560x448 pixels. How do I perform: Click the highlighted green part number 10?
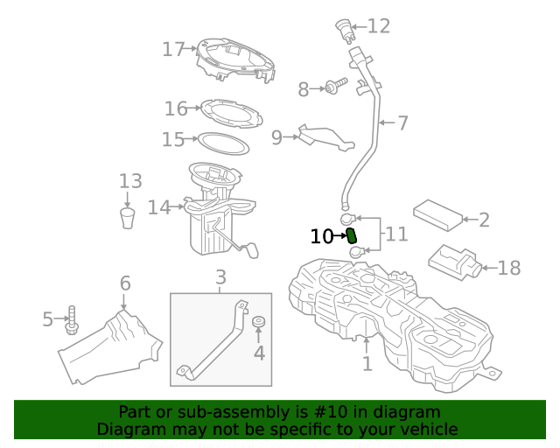tap(353, 235)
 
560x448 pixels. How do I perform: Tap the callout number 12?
tap(378, 26)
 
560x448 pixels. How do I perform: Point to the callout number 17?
tap(172, 49)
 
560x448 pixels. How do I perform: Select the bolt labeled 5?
tap(72, 321)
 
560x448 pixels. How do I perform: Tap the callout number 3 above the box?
tap(220, 277)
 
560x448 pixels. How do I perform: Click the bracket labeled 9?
tap(324, 136)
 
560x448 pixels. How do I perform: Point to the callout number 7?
tap(402, 123)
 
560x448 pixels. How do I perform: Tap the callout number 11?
tap(396, 234)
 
